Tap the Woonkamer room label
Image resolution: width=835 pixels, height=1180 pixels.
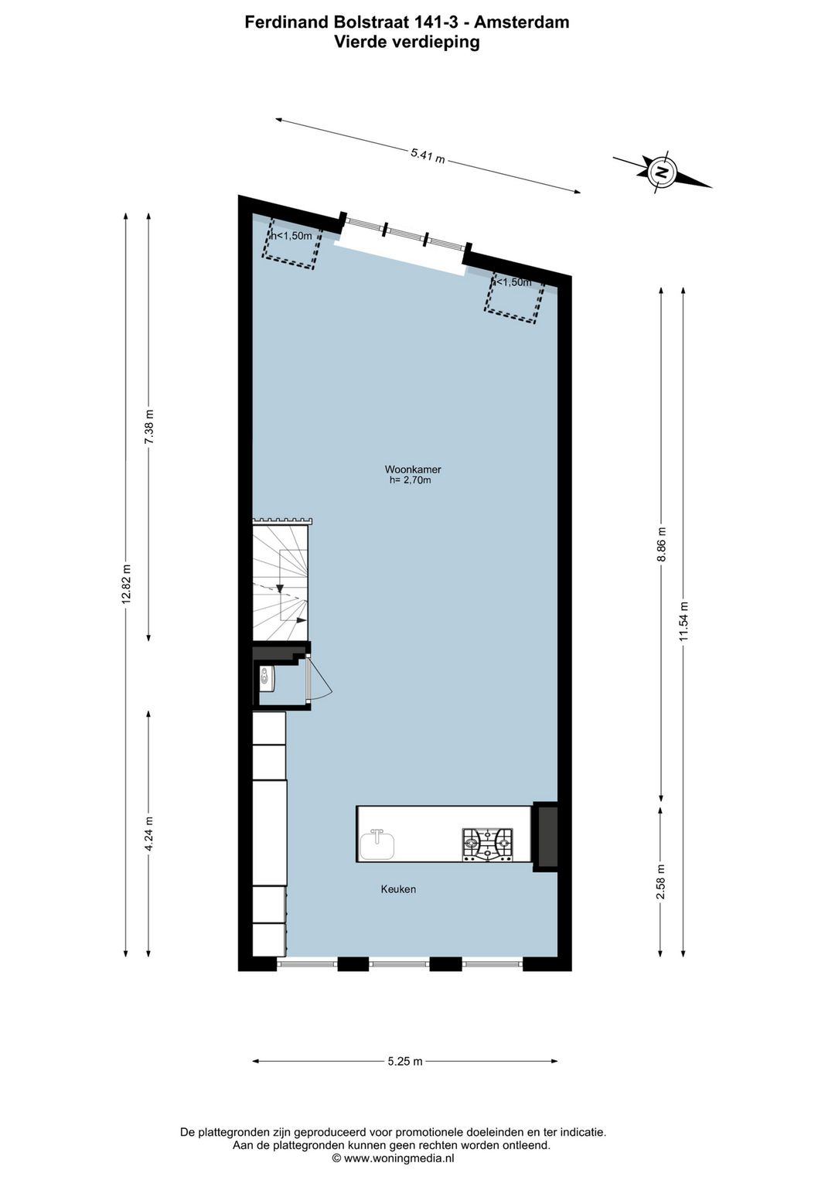(413, 469)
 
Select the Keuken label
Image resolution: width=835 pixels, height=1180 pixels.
(398, 889)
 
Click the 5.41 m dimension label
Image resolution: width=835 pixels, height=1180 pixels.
(428, 155)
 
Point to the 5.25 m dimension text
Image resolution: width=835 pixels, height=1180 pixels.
(405, 1062)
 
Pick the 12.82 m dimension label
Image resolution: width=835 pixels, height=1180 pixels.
(127, 585)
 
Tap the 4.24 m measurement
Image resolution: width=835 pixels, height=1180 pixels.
(149, 834)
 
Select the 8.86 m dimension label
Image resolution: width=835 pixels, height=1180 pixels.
(661, 546)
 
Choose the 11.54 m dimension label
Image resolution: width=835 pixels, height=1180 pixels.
(683, 621)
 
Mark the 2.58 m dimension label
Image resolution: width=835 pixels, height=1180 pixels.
(661, 882)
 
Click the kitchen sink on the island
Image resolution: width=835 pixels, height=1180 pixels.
(377, 844)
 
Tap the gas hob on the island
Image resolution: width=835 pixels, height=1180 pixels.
(488, 844)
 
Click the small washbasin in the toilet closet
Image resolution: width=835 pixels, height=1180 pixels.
(265, 677)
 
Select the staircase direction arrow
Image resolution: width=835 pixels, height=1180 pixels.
(280, 588)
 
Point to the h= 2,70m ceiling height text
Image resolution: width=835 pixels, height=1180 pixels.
(410, 480)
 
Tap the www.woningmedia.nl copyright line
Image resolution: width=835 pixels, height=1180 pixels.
(393, 1158)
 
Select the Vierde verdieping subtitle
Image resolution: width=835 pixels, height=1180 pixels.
(407, 43)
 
